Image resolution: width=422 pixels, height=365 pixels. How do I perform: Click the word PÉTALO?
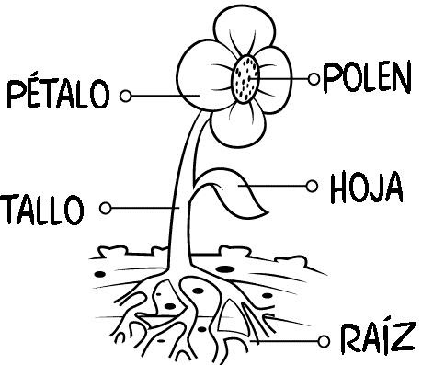[x=59, y=94]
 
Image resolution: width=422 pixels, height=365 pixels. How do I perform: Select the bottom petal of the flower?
[x=241, y=124]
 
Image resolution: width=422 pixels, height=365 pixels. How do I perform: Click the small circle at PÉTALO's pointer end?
[x=126, y=95]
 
